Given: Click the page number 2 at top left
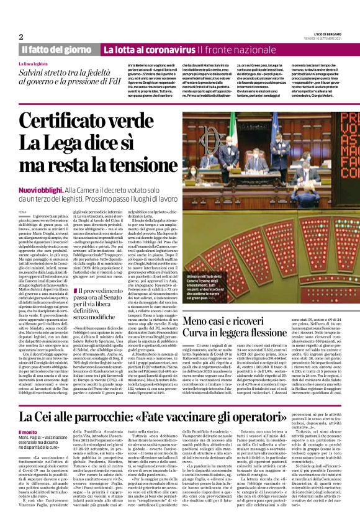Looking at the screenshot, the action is coord(21,35).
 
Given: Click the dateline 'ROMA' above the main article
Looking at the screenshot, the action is coord(22,211).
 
